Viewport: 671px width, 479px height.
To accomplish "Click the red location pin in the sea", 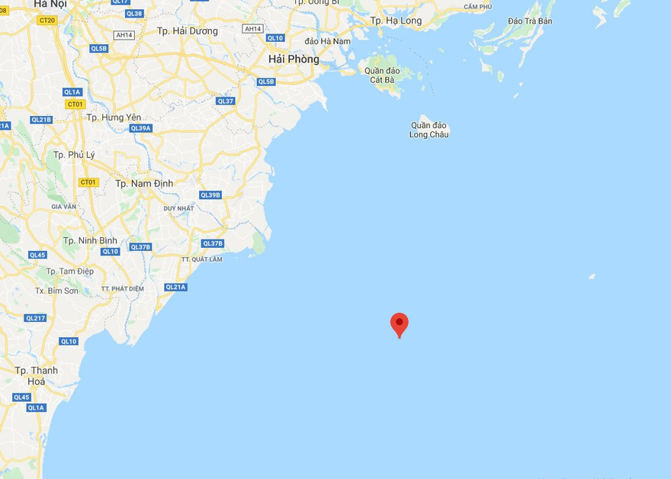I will point(399,324).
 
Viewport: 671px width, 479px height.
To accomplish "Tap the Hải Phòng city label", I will point(294,59).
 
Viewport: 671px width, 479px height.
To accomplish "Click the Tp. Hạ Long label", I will point(396,21).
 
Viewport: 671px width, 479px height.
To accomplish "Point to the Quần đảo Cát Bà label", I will point(380,75).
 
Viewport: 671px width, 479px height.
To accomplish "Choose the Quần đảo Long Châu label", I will point(429,130).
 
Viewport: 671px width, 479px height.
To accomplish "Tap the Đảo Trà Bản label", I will point(529,21).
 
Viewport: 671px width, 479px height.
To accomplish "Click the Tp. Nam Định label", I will point(144,183).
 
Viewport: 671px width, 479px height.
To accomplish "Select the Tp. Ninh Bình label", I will point(90,240).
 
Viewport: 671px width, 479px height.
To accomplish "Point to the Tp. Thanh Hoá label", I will point(37,375).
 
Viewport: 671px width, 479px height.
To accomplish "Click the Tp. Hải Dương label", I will point(187,31).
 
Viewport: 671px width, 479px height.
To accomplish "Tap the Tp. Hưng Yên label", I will point(114,117).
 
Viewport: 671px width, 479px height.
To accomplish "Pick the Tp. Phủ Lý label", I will point(74,155).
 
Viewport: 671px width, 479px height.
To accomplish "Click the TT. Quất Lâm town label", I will point(202,259).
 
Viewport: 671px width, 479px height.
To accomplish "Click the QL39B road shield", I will point(210,195).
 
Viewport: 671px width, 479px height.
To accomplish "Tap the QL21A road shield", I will point(175,287).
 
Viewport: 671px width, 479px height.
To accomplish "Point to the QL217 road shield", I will point(35,318).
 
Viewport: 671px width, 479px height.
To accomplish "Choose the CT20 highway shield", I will point(47,20).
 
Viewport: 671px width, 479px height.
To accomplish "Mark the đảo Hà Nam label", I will point(327,40).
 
